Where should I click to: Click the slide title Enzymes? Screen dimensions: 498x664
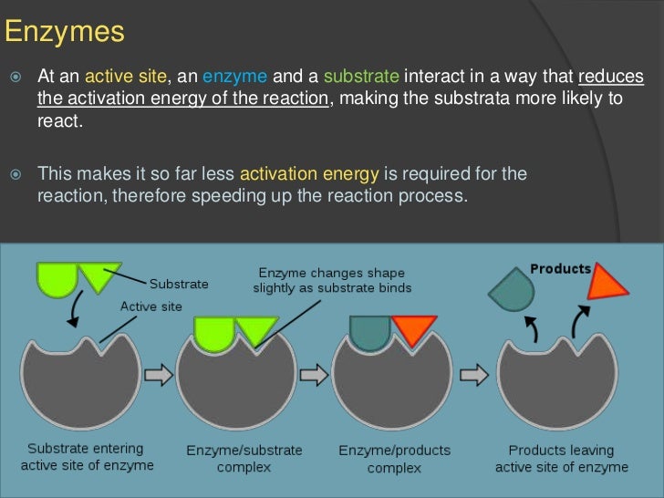64,33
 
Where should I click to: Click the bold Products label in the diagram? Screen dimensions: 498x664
561,269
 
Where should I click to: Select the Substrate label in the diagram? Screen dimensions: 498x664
179,284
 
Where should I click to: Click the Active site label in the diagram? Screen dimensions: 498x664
150,306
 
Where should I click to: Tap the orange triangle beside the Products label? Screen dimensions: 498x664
607,282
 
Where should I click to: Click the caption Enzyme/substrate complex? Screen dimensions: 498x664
244,459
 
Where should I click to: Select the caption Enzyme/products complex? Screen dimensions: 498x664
394,459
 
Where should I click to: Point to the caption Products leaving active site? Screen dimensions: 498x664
561,458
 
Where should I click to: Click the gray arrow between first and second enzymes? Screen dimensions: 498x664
159,375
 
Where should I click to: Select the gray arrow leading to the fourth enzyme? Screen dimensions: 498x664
472,375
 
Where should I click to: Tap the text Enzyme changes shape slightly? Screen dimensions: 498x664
331,280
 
